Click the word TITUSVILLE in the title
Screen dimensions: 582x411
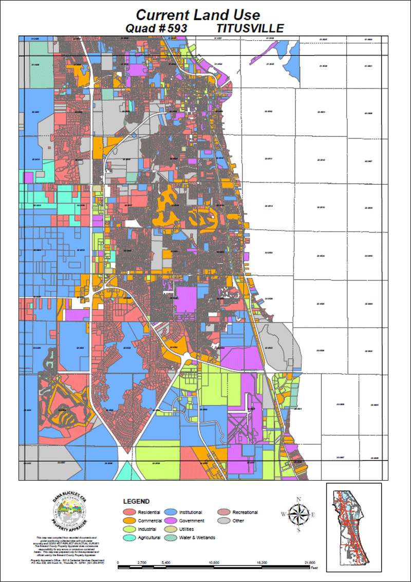[x=250, y=28]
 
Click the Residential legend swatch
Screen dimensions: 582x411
[x=129, y=513]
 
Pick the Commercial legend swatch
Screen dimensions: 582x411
[x=129, y=521]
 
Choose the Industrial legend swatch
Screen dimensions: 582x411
[x=129, y=529]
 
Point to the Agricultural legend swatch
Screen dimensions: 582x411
[x=129, y=538]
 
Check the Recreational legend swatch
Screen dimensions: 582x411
[x=225, y=513]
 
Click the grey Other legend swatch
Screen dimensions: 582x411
[x=225, y=521]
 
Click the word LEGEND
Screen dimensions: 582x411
[x=136, y=501]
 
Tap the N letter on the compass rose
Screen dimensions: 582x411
[x=298, y=499]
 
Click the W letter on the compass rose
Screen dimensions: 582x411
[x=283, y=514]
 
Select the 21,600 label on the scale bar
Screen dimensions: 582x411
[x=310, y=563]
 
